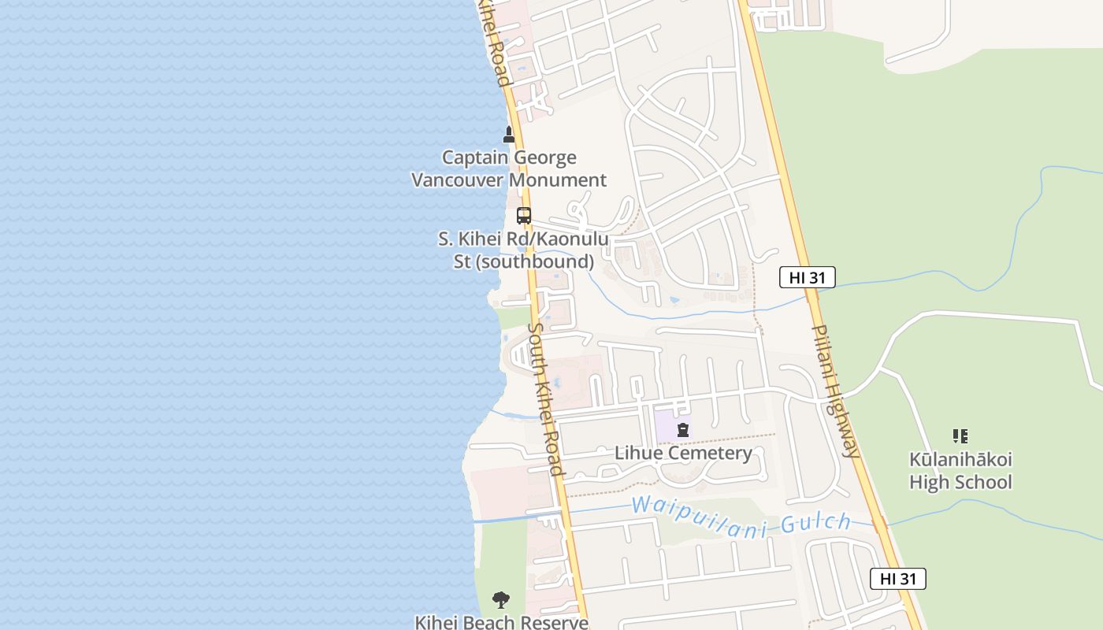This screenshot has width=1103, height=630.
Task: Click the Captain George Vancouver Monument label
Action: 509,169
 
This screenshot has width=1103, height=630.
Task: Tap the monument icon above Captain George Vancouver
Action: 509,135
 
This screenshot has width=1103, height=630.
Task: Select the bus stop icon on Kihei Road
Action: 524,215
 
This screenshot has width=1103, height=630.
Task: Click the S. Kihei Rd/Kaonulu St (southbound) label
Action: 523,250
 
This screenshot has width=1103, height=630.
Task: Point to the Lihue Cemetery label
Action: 683,453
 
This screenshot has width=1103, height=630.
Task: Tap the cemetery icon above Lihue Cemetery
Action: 683,430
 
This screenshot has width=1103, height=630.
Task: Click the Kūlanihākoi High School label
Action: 960,470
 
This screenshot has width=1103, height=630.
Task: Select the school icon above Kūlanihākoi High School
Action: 960,435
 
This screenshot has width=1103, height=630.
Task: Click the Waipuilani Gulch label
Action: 741,517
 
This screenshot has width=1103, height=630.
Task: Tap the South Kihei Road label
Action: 544,400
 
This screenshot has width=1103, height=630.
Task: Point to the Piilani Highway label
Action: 835,391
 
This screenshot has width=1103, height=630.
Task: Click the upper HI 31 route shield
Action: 808,277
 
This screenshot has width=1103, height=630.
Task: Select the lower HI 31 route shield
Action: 898,579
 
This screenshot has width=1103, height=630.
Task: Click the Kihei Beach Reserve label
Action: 502,622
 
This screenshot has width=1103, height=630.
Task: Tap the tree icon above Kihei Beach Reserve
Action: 501,601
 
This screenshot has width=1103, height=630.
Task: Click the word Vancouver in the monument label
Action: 457,180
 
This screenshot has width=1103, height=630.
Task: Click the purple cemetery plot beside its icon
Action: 663,428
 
